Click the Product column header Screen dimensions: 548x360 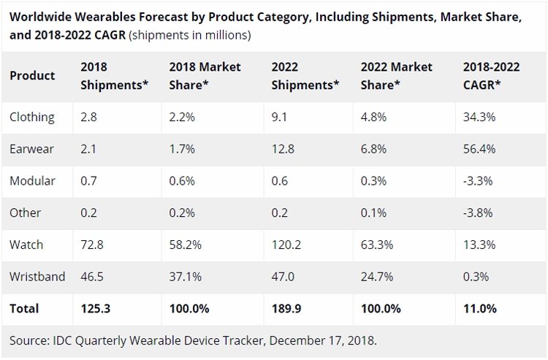pos(32,76)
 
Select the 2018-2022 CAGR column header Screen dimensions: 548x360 pos(492,76)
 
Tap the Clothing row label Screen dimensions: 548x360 pos(32,118)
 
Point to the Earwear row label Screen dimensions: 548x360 pos(31,149)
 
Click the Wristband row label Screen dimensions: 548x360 pos(37,277)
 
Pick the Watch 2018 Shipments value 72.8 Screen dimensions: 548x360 pos(92,245)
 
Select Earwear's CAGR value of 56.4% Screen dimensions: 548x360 pos(479,149)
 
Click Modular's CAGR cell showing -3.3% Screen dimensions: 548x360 pos(478,181)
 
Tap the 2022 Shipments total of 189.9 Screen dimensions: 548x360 pos(286,309)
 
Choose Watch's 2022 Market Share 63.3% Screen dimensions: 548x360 pos(377,245)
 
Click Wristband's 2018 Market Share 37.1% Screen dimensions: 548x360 pos(186,277)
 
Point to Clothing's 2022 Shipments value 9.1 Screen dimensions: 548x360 pos(279,117)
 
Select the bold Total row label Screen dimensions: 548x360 pos(24,309)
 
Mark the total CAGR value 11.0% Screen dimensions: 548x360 pos(480,309)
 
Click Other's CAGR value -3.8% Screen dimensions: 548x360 pos(478,212)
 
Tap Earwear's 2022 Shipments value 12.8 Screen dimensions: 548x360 pos(283,149)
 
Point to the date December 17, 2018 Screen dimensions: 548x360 pos(323,340)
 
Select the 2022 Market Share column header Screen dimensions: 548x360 pos(396,76)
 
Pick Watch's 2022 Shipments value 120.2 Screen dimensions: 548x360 pos(286,245)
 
